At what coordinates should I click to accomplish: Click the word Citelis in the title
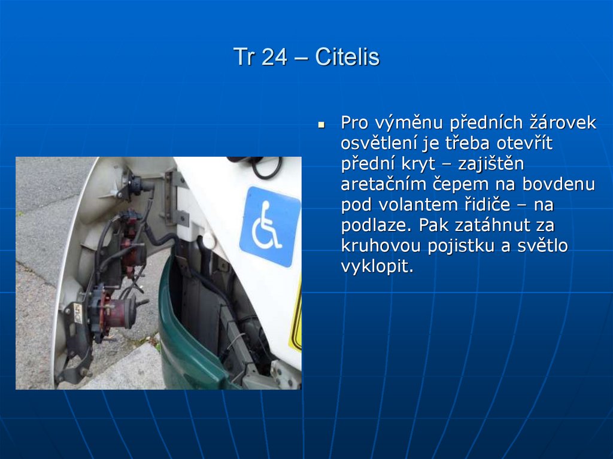(x=347, y=57)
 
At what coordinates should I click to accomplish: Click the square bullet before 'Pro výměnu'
(x=321, y=126)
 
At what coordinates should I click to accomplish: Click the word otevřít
(x=522, y=144)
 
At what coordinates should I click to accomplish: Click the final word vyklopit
(x=377, y=266)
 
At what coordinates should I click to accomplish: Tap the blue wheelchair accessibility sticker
(x=269, y=226)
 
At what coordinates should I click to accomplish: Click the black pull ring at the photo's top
(x=266, y=167)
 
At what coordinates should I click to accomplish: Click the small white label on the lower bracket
(x=78, y=313)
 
